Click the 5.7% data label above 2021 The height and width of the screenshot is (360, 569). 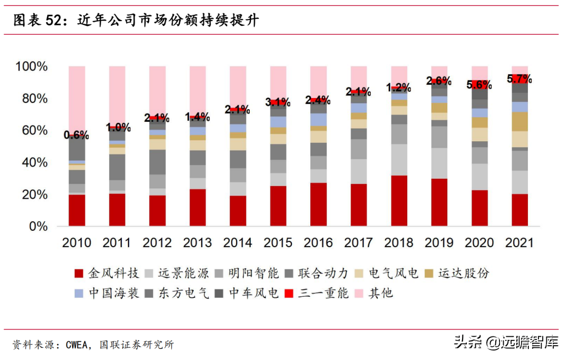pyautogui.click(x=519, y=79)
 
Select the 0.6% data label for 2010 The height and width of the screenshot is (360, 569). pyautogui.click(x=76, y=135)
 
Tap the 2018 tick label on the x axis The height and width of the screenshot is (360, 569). pyautogui.click(x=398, y=243)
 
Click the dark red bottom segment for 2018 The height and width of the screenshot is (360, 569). pyautogui.click(x=399, y=201)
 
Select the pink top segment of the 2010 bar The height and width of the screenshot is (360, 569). pyautogui.click(x=77, y=100)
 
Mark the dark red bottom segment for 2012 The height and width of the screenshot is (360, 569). pyautogui.click(x=158, y=210)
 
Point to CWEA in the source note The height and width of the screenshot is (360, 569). pyautogui.click(x=78, y=345)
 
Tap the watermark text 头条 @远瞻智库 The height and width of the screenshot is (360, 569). pyautogui.click(x=506, y=343)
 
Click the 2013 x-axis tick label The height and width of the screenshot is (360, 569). pyautogui.click(x=198, y=243)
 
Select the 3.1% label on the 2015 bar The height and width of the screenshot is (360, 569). pyautogui.click(x=278, y=102)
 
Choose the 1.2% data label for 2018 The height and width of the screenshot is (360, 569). pyautogui.click(x=399, y=87)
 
